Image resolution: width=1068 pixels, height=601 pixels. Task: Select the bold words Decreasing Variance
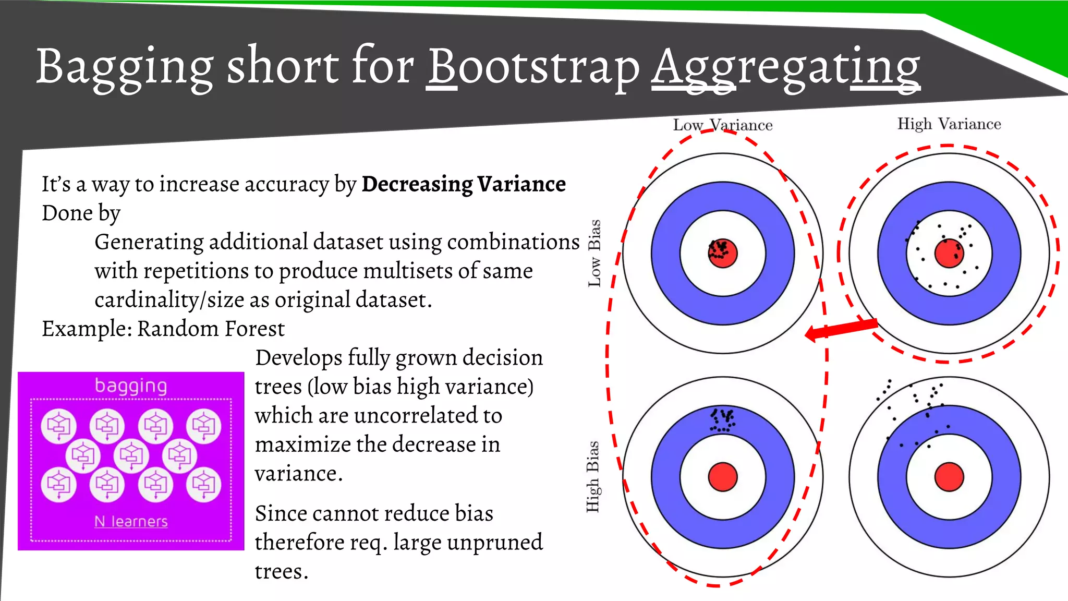[464, 184]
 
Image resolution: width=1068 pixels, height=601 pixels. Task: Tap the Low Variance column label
[723, 125]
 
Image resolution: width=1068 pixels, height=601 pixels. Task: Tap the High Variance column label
[949, 124]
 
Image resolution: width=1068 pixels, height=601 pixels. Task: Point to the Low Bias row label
[594, 253]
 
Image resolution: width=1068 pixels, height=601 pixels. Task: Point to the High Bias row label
[593, 476]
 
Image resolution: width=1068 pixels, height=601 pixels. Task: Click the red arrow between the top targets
[841, 330]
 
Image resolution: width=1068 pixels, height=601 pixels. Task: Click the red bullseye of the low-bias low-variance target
[723, 253]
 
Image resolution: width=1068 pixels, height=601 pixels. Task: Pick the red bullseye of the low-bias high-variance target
[949, 253]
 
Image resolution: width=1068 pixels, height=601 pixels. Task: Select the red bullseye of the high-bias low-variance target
[723, 477]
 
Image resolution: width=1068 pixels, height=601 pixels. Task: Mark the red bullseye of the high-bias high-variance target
[949, 477]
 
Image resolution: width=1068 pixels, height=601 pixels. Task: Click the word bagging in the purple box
[131, 386]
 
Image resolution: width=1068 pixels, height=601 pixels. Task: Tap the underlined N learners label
[131, 521]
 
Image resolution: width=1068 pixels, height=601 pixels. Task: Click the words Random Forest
[211, 329]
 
